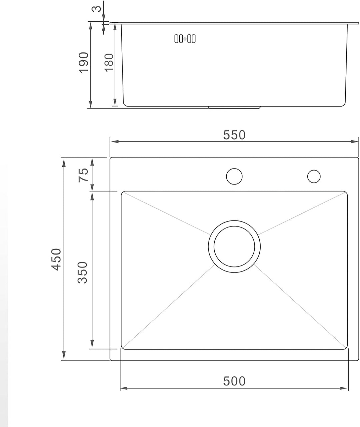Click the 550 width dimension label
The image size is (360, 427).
click(234, 135)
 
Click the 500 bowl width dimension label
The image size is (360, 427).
click(234, 381)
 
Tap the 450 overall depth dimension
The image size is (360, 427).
click(56, 259)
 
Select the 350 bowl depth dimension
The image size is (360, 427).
click(82, 272)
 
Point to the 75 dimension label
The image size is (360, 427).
click(83, 175)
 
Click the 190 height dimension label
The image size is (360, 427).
click(84, 63)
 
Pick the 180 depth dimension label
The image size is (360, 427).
click(109, 63)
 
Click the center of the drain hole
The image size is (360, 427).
click(234, 246)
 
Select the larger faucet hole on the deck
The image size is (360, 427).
click(234, 176)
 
